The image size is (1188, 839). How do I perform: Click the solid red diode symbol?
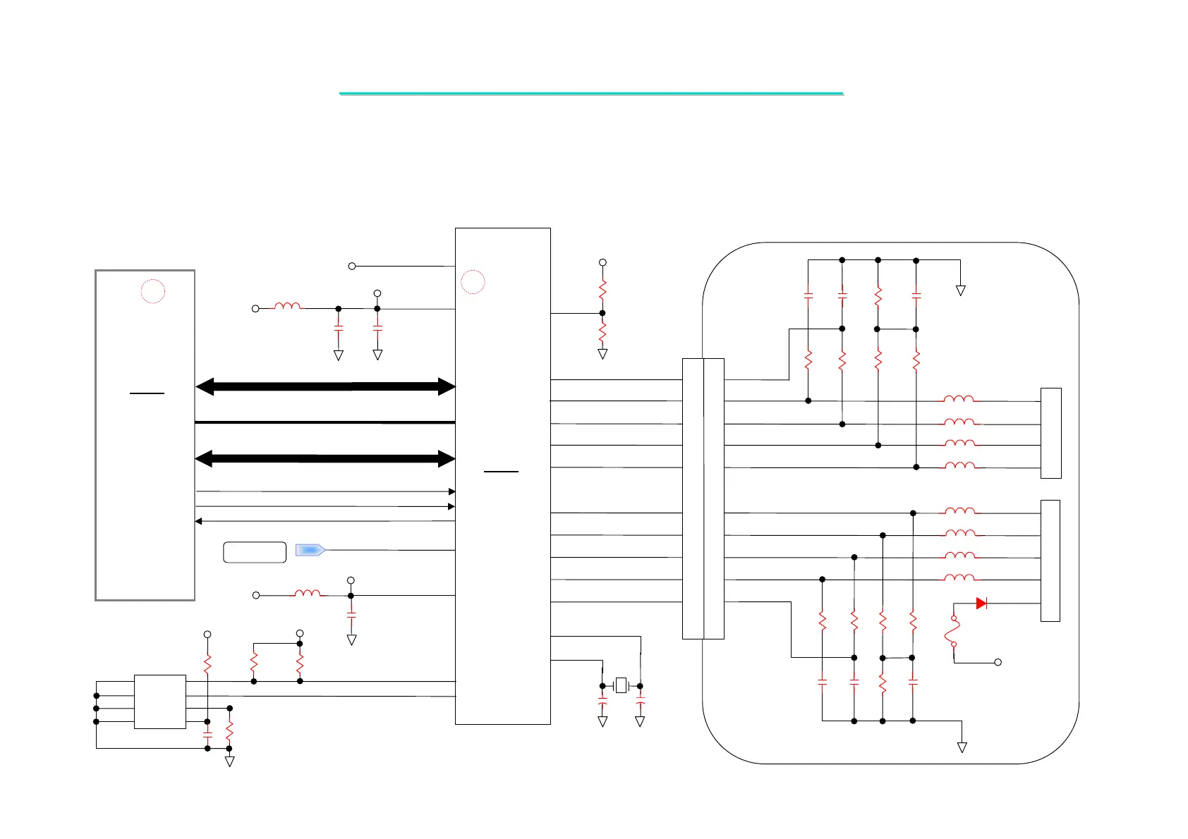coord(981,604)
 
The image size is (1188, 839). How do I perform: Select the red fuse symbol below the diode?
coord(953,631)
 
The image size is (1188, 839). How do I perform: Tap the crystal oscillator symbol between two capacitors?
coord(621,685)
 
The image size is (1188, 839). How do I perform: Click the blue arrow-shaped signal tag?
coord(310,550)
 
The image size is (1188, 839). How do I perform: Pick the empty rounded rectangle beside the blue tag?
coord(255,552)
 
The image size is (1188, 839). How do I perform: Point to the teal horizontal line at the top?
coord(591,93)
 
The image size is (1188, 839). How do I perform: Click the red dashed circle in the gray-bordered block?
coord(153,291)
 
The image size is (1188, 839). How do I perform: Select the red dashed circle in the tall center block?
coord(473,282)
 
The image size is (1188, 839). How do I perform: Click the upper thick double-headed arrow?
coord(325,386)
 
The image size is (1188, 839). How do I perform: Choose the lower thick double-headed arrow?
coord(325,459)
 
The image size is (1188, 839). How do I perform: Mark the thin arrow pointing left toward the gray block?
coord(325,521)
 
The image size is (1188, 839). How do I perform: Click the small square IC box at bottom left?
coord(160,702)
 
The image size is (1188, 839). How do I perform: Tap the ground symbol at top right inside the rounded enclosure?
coord(960,290)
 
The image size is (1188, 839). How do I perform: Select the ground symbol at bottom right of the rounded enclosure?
coord(962,747)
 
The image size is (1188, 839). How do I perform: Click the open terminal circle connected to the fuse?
coord(998,662)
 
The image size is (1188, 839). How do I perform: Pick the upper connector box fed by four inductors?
coord(1051,433)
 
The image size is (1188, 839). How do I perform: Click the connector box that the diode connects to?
coord(1050,561)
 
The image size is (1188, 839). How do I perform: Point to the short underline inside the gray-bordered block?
coord(147,393)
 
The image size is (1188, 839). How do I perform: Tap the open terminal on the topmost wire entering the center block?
coord(352,266)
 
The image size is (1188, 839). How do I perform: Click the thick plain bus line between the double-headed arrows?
coord(325,422)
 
